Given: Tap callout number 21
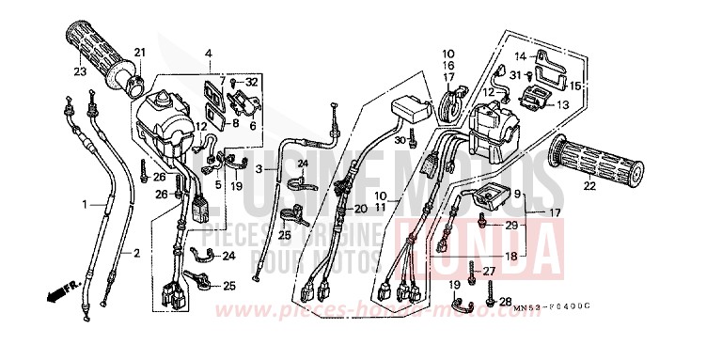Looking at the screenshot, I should pyautogui.click(x=140, y=52).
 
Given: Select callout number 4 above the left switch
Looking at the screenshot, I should pyautogui.click(x=210, y=53).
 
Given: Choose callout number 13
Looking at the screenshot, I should pyautogui.click(x=564, y=104).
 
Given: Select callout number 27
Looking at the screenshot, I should pyautogui.click(x=490, y=272).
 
